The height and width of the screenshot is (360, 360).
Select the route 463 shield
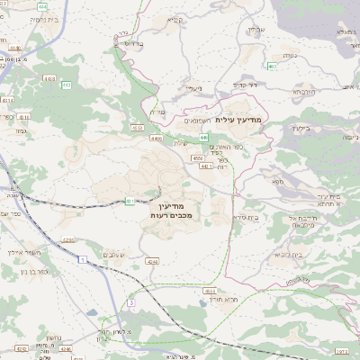point(272,66)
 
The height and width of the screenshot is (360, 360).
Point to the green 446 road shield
point(218,136)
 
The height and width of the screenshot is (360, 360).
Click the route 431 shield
point(130,201)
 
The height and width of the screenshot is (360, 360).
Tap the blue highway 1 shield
point(82,259)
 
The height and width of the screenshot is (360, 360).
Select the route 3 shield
point(131,304)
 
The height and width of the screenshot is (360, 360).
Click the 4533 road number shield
point(210,291)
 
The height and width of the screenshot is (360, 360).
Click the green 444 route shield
point(44,6)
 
